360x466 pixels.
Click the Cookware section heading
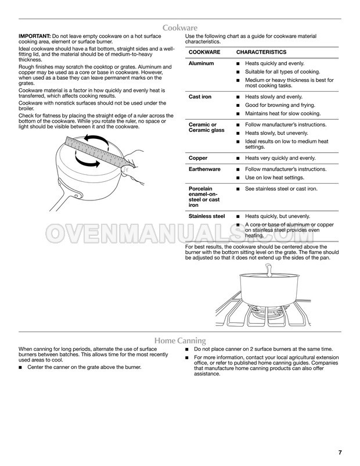pos(179,27)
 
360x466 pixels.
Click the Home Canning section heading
pos(179,340)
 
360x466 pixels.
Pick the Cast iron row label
pos(200,96)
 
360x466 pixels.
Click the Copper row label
pos(199,157)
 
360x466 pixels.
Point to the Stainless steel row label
pos(207,216)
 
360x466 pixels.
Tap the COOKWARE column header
pos(204,52)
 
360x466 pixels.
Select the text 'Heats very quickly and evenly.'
pos(280,157)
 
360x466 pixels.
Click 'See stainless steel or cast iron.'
pos(281,189)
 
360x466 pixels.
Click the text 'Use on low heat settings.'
pos(274,177)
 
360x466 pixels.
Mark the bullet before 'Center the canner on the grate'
pos(21,368)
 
